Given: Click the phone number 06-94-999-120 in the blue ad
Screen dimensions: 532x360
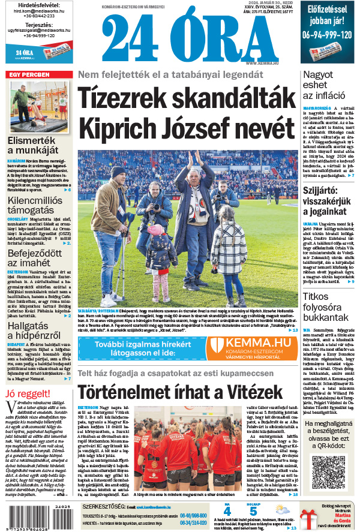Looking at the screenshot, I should pyautogui.click(x=327, y=35).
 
